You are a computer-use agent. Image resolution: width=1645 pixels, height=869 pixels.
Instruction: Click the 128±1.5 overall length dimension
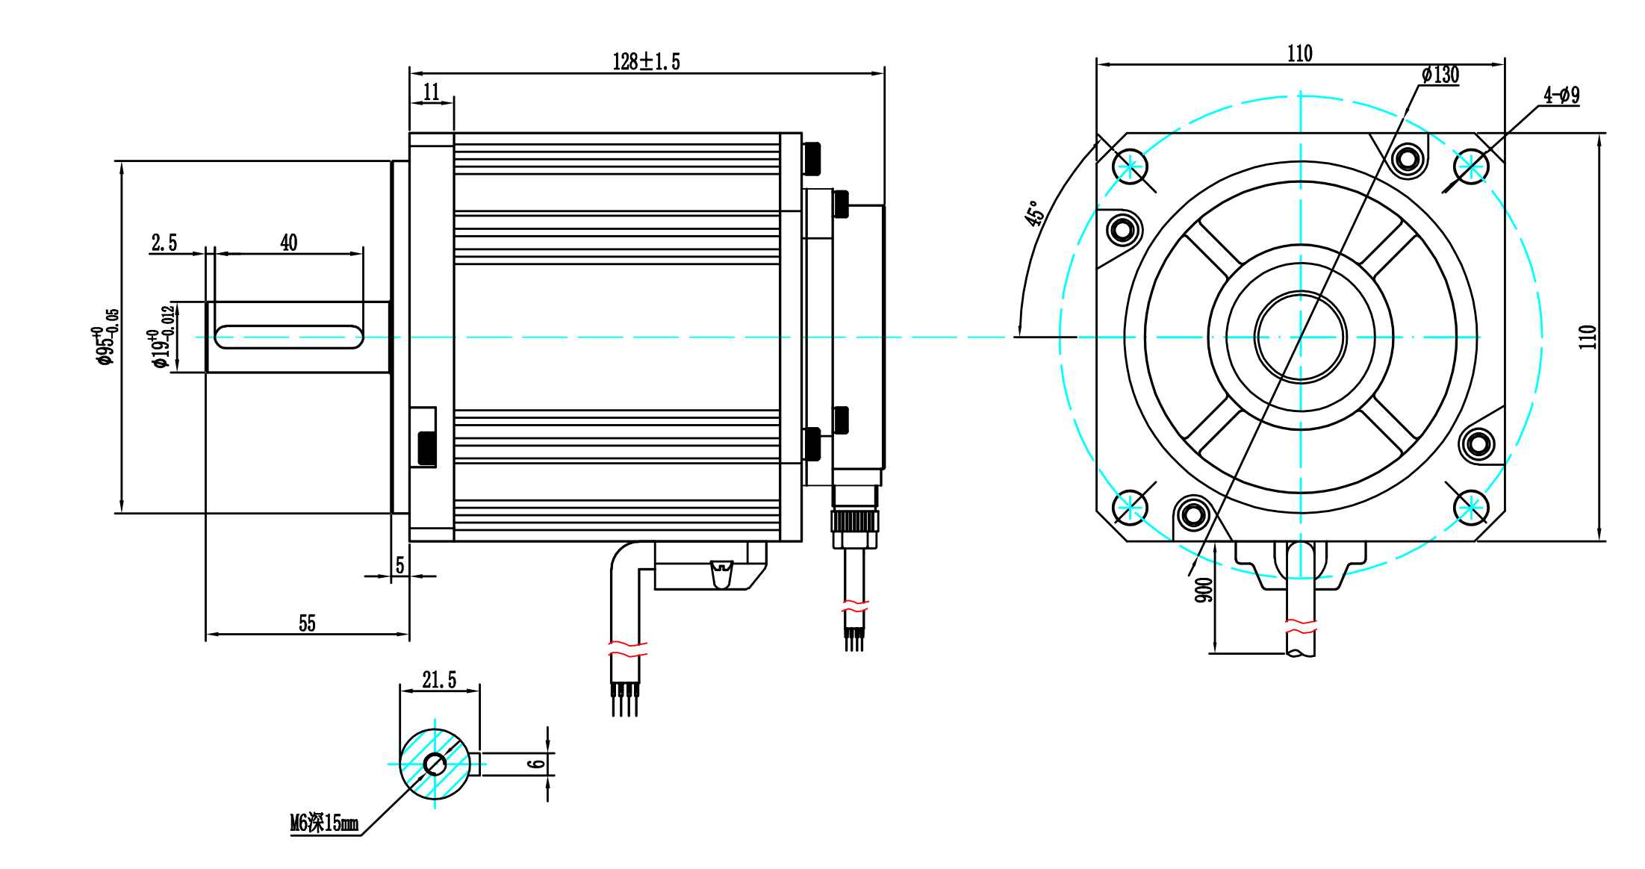tap(646, 61)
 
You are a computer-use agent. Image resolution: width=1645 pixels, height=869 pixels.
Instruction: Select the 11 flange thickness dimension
tap(432, 92)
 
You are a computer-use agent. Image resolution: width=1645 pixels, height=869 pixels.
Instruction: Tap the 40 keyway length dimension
tap(289, 243)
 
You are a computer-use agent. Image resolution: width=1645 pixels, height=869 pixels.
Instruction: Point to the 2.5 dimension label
tap(164, 243)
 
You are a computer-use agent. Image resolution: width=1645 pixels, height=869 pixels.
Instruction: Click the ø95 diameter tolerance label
tap(106, 337)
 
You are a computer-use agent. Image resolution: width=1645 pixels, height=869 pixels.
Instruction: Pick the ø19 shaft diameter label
tap(163, 337)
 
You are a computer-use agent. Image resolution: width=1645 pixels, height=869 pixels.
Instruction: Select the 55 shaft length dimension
tap(307, 623)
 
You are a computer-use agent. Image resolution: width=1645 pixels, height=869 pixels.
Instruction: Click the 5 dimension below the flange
tap(399, 565)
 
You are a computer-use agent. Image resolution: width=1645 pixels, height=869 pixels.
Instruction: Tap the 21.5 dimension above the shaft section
tap(439, 680)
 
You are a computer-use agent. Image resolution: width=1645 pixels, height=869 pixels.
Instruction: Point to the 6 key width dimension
tap(536, 764)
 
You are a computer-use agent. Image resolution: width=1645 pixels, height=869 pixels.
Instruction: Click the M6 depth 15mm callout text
tap(324, 823)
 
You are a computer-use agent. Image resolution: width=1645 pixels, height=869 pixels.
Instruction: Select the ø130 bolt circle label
tap(1440, 75)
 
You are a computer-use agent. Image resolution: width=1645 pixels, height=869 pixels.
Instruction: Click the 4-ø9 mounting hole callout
tap(1561, 95)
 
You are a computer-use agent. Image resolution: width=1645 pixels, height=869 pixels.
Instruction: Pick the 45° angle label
tap(1034, 214)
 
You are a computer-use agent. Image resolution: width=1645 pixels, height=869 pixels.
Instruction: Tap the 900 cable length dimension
tap(1204, 589)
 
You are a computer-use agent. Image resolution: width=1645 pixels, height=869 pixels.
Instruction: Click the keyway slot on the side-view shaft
tap(289, 337)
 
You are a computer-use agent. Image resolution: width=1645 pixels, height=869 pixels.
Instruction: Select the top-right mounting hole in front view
tap(1471, 166)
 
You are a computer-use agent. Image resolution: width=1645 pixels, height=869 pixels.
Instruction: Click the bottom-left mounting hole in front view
tap(1131, 508)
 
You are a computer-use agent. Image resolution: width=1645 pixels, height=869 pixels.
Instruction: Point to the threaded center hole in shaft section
tap(435, 764)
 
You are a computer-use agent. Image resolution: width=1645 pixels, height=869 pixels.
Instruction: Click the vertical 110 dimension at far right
tap(1588, 337)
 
